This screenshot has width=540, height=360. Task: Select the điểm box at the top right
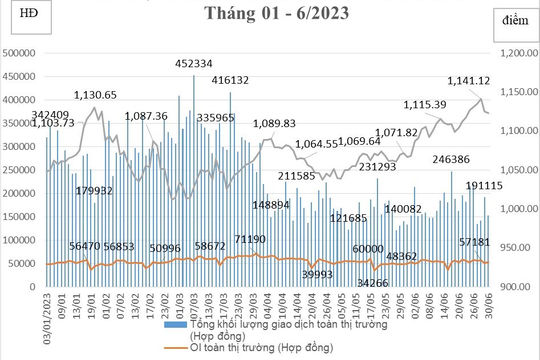pos(515,20)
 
